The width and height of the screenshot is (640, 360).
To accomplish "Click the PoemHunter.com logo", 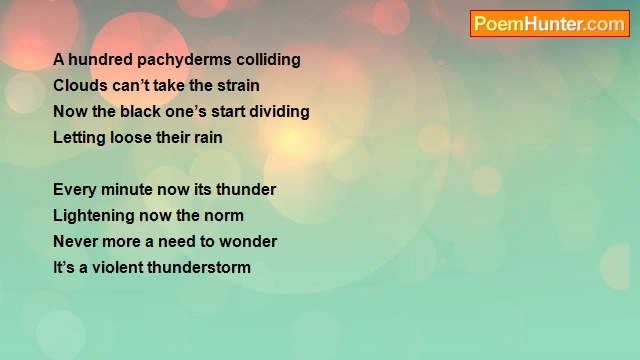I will [x=549, y=24].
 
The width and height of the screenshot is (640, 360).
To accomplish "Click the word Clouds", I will [x=79, y=85].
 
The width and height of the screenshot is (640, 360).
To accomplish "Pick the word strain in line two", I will [x=237, y=85].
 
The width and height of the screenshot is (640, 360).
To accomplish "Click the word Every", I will [x=75, y=189].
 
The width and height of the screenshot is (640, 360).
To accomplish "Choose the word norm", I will [x=223, y=215].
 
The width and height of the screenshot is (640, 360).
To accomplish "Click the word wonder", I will [x=247, y=241].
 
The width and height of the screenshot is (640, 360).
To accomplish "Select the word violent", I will [x=118, y=267].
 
